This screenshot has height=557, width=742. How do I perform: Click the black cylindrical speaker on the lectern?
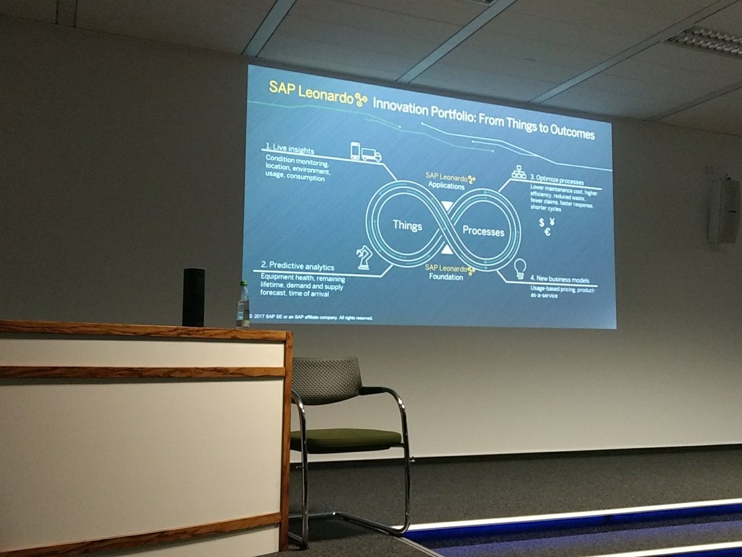pyautogui.click(x=193, y=297)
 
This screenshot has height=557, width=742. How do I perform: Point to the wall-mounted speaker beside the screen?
pyautogui.click(x=723, y=211)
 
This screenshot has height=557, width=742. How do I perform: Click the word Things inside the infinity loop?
pyautogui.click(x=407, y=226)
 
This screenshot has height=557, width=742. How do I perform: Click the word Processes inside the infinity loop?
pyautogui.click(x=483, y=231)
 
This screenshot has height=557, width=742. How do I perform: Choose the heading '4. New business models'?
pyautogui.click(x=561, y=280)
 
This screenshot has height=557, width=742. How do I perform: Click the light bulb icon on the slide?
pyautogui.click(x=519, y=268)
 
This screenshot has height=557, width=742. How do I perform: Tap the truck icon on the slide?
pyautogui.click(x=372, y=154)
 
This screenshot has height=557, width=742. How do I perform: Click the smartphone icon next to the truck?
pyautogui.click(x=356, y=150)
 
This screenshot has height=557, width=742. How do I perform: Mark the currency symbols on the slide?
pyautogui.click(x=546, y=226)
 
